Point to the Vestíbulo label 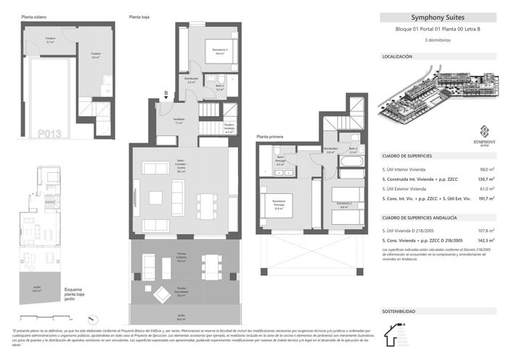click(x=178, y=121)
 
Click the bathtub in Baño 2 click(x=353, y=173)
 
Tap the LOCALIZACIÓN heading click(x=397, y=56)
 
